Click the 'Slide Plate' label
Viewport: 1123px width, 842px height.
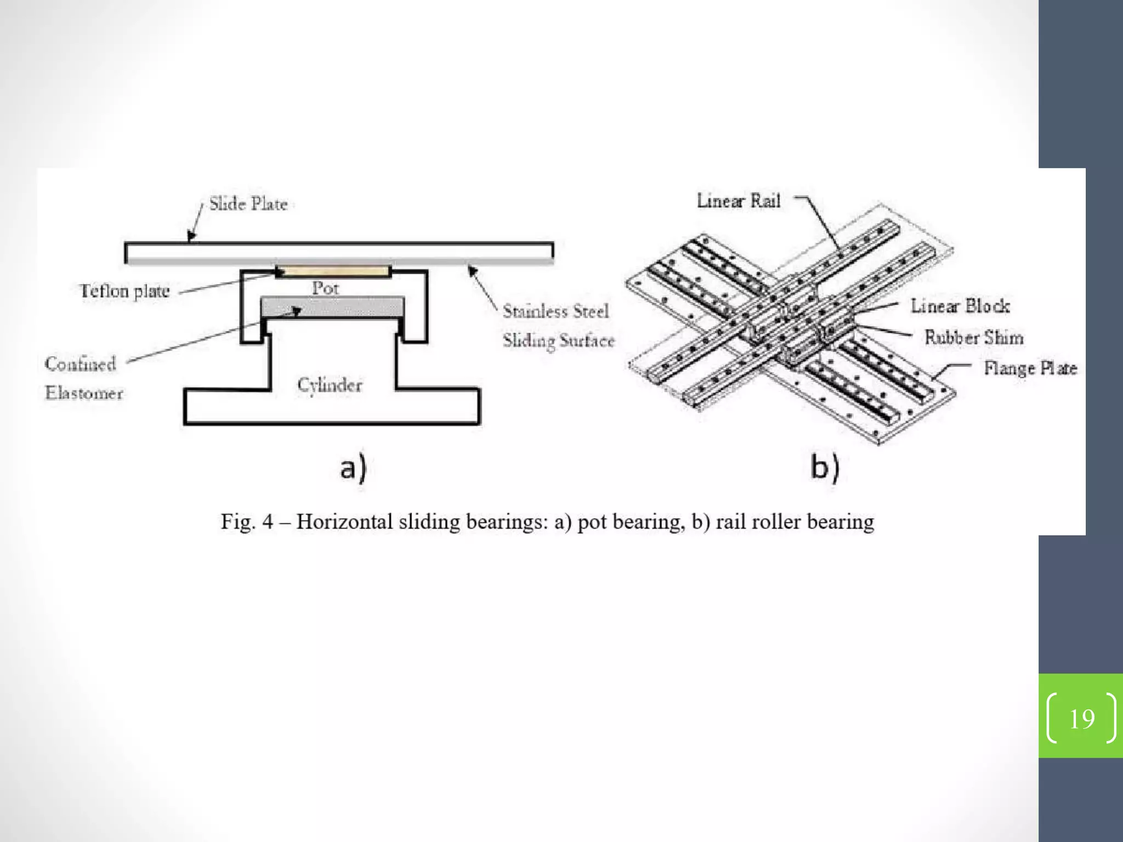point(248,204)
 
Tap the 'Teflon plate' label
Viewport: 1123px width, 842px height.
point(124,291)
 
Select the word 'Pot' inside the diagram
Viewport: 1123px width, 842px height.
point(325,288)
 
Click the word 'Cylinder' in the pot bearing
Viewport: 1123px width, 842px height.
point(330,384)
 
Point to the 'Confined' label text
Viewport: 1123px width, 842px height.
point(81,364)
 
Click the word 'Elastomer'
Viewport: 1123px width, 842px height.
point(84,393)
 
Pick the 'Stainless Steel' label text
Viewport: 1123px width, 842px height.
point(555,311)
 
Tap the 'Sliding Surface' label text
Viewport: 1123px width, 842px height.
point(559,340)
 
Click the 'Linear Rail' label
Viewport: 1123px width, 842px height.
point(738,201)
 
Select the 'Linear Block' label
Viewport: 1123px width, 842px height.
point(960,306)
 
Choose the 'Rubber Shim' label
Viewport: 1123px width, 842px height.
point(973,337)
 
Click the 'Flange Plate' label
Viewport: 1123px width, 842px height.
point(1030,368)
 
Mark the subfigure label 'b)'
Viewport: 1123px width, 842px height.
point(825,468)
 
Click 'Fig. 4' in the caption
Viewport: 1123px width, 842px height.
point(246,521)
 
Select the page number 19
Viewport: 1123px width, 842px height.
point(1081,719)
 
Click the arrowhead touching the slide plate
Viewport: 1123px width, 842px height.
point(191,237)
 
